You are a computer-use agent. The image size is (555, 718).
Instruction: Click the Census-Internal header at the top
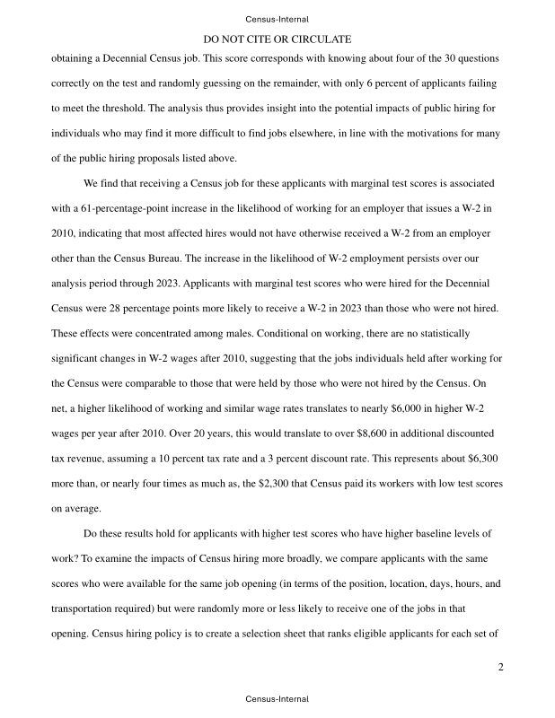[x=277, y=19]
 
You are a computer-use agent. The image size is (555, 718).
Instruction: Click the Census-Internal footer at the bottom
[x=277, y=698]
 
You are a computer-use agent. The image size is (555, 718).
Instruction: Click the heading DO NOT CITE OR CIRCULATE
[x=277, y=39]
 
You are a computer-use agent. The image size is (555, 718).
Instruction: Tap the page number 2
[x=501, y=667]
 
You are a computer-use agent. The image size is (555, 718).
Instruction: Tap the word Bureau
[x=185, y=258]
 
